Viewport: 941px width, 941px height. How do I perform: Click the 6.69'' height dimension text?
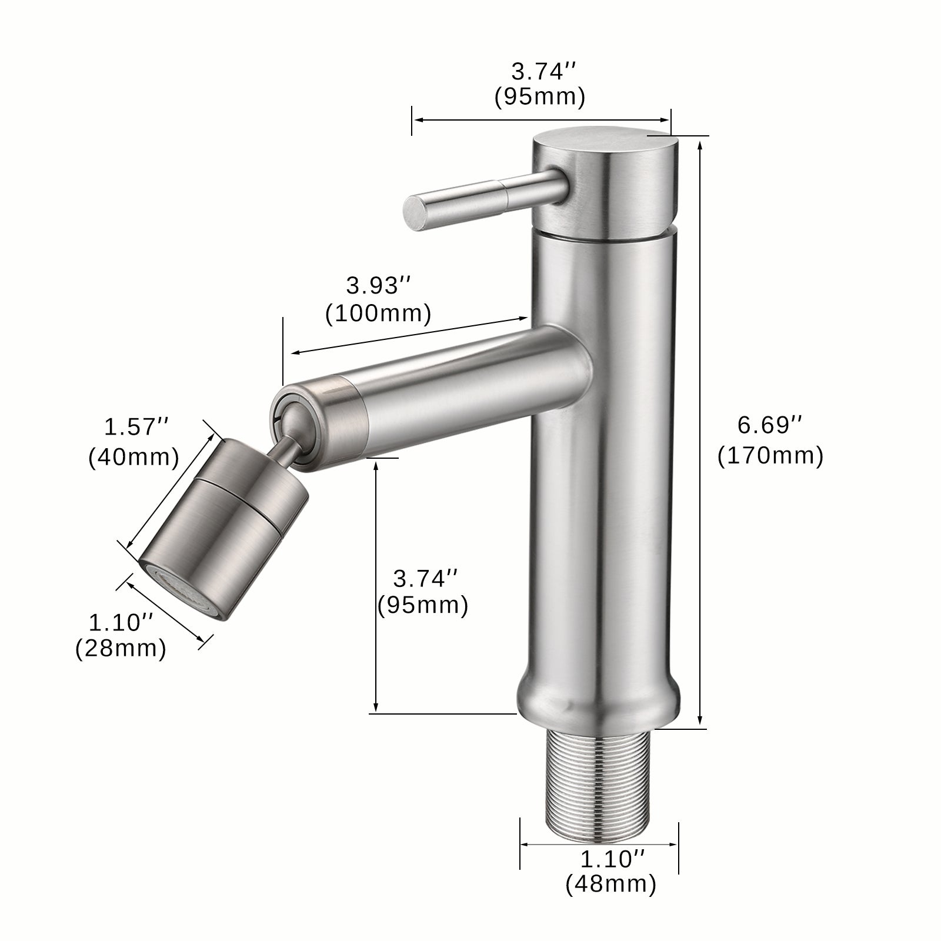[x=770, y=425]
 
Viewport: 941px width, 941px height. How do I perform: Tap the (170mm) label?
[x=770, y=456]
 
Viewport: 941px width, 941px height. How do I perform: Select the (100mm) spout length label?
[x=378, y=313]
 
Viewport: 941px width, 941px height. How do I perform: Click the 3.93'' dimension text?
[x=378, y=286]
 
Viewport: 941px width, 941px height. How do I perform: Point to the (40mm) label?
[x=134, y=457]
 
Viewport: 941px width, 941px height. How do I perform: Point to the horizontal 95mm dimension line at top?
[x=541, y=120]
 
